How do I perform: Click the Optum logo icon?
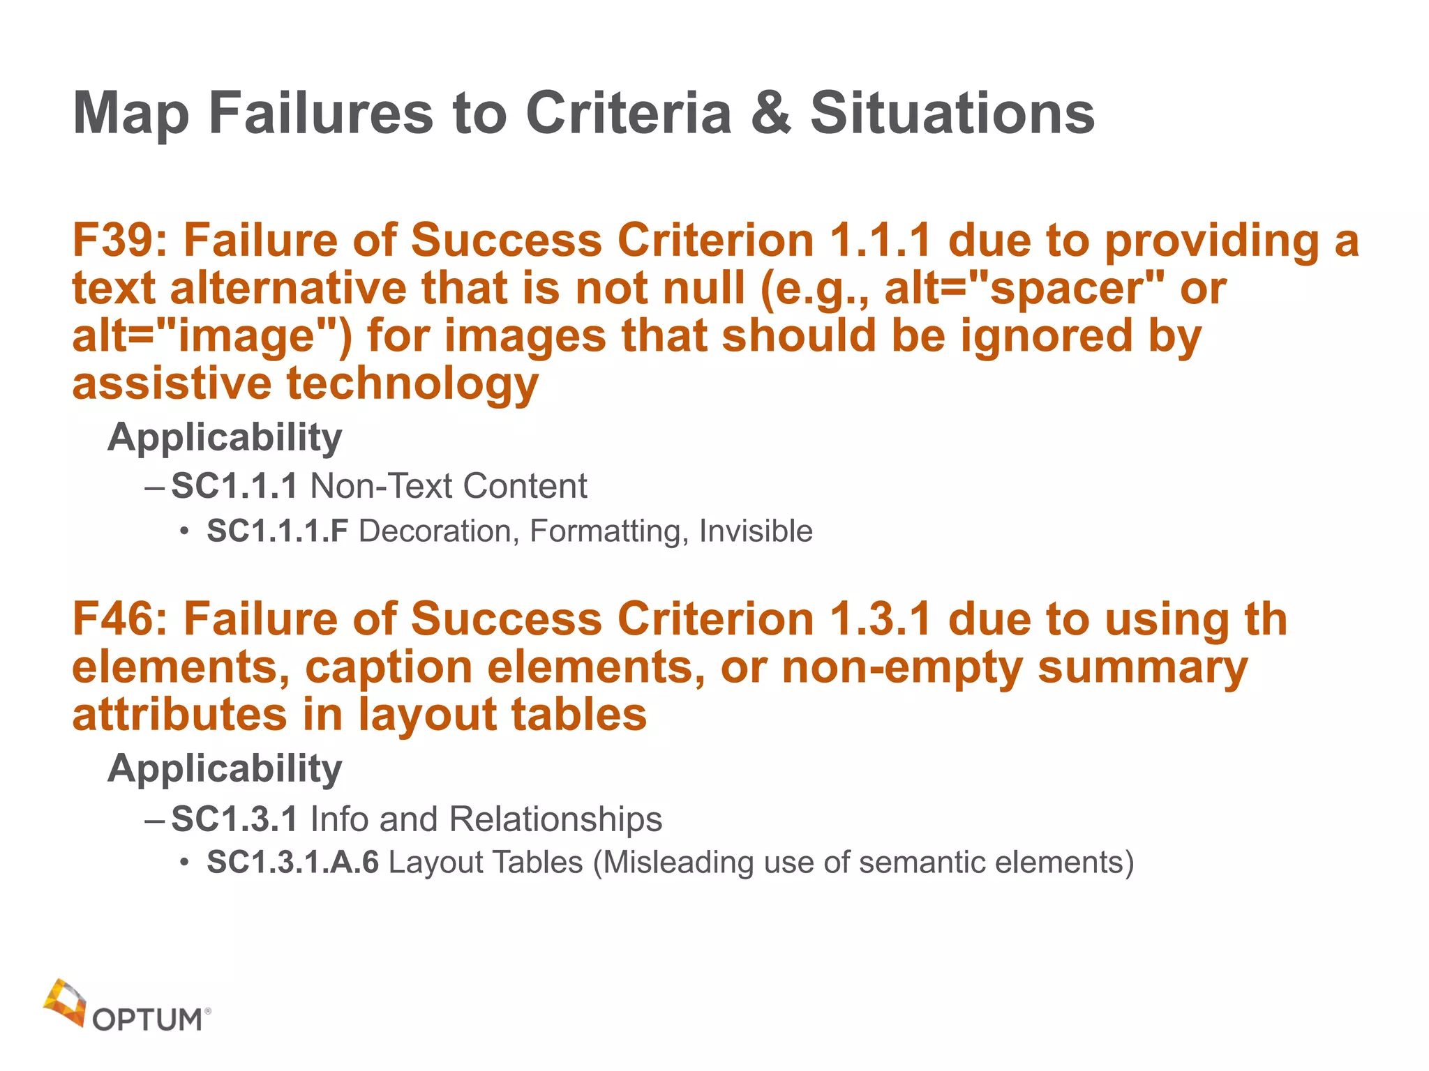click(x=64, y=1001)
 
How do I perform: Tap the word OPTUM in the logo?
click(x=147, y=1019)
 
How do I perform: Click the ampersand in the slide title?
click(x=771, y=113)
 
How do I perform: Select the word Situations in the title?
click(x=952, y=113)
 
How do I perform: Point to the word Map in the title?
click(x=131, y=113)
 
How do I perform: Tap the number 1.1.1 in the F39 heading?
click(x=881, y=241)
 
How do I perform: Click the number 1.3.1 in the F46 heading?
click(x=881, y=620)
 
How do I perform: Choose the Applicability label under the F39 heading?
click(x=225, y=438)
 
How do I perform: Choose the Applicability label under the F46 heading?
click(x=225, y=769)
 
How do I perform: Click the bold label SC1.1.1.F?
click(x=277, y=531)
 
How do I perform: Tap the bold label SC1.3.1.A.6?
click(x=292, y=863)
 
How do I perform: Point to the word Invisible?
click(x=756, y=531)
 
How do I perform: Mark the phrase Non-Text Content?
click(x=449, y=487)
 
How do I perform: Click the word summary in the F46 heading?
click(x=1142, y=668)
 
